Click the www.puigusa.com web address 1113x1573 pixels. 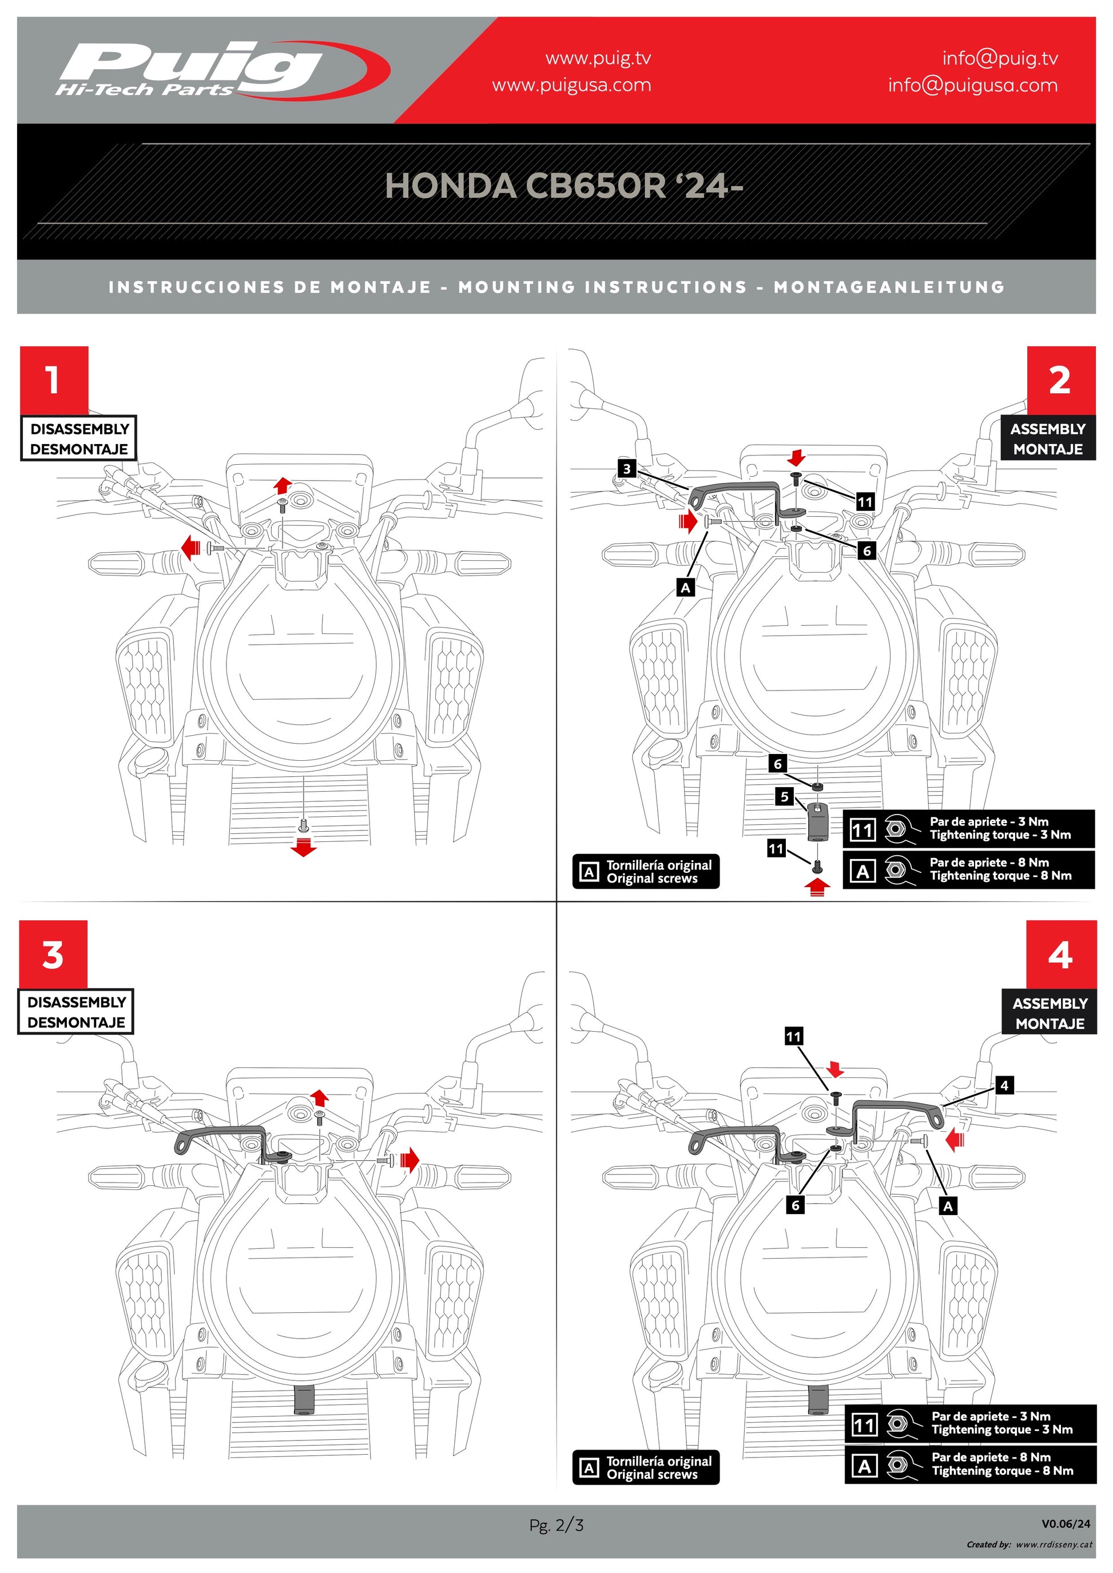(x=571, y=86)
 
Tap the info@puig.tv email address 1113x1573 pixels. (x=999, y=58)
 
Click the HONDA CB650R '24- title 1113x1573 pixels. (x=563, y=186)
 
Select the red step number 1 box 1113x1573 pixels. (x=53, y=380)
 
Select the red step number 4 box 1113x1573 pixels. (x=1060, y=955)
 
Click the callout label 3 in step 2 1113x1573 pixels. (x=626, y=469)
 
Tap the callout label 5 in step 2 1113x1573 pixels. (x=785, y=797)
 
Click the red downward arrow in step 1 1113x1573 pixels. (x=303, y=848)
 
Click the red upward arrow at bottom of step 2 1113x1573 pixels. (x=817, y=887)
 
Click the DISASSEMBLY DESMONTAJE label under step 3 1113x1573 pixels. (x=76, y=1011)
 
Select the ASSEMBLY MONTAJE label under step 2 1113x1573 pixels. (x=1047, y=438)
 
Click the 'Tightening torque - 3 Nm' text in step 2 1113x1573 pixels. (x=1000, y=835)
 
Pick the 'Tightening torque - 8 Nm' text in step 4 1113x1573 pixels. (x=1002, y=1470)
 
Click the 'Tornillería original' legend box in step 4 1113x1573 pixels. (x=646, y=1467)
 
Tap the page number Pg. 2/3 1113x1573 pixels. (x=556, y=1525)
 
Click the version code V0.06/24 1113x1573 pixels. (x=1065, y=1524)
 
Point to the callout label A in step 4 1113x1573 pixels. (x=948, y=1207)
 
